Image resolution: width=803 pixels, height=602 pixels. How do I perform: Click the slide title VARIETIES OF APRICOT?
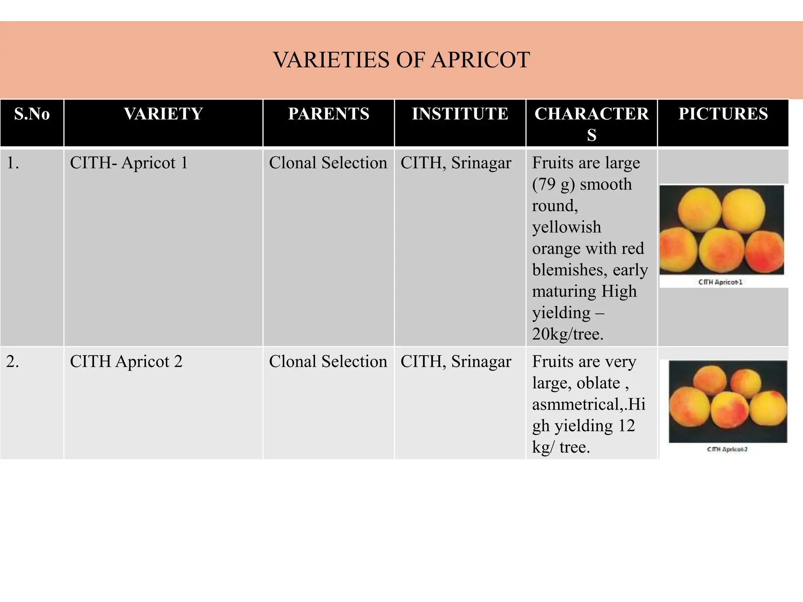click(401, 60)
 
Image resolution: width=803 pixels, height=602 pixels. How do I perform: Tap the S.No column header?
click(32, 114)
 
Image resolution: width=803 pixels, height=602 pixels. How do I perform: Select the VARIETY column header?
click(164, 114)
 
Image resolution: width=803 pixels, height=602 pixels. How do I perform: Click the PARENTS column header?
click(329, 114)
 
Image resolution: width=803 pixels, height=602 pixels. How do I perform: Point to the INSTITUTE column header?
click(460, 114)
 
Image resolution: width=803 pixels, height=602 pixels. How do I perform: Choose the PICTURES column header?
click(723, 114)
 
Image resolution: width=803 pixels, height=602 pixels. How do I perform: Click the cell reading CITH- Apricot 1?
click(129, 163)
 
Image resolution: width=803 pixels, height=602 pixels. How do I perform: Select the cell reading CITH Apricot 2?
click(126, 361)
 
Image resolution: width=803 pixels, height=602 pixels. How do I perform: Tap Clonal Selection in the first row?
click(328, 163)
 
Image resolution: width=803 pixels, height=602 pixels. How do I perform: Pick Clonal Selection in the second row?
click(328, 361)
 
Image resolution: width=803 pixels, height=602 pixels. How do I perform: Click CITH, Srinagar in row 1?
click(456, 163)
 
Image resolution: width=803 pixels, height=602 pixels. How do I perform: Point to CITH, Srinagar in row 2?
click(456, 361)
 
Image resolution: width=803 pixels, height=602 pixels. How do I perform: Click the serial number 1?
click(13, 163)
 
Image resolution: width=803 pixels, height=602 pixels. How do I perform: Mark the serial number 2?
click(13, 361)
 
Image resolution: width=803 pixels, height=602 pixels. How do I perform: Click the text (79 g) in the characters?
click(553, 184)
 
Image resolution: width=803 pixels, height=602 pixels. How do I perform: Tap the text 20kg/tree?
click(567, 334)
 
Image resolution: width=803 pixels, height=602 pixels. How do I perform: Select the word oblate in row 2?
click(598, 383)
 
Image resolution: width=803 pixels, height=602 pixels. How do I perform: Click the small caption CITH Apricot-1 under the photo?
click(720, 282)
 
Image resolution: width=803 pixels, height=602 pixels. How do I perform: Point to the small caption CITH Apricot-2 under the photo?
click(727, 449)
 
